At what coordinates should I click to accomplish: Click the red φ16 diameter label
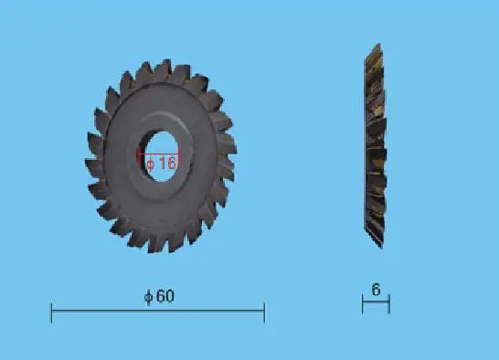pyautogui.click(x=160, y=163)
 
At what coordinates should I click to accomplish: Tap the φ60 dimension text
pyautogui.click(x=159, y=296)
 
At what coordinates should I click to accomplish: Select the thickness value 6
pyautogui.click(x=376, y=290)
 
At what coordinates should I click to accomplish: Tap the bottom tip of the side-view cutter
pyautogui.click(x=382, y=247)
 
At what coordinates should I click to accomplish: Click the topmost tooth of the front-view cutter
pyautogui.click(x=165, y=67)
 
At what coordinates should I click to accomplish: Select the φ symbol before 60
pyautogui.click(x=148, y=296)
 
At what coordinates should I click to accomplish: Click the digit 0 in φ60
pyautogui.click(x=169, y=296)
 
